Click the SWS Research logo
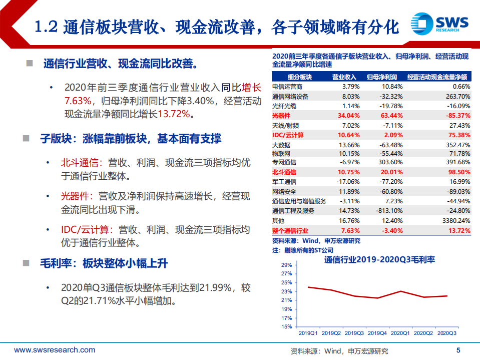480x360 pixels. (439, 23)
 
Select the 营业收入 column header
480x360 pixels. (344, 77)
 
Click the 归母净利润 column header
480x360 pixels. (382, 77)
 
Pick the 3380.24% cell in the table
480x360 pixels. (453, 220)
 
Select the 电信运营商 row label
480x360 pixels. (287, 87)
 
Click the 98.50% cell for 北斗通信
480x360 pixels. (456, 172)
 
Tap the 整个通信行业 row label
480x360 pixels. (290, 230)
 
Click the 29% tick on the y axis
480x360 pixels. (286, 265)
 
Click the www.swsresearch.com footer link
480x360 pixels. (55, 350)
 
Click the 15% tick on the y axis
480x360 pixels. (286, 327)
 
